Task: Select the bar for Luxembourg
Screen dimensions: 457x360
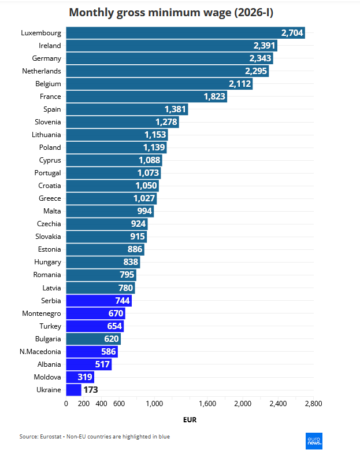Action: point(185,33)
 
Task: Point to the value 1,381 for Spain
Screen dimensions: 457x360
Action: point(175,109)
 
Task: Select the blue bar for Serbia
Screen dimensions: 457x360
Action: point(98,300)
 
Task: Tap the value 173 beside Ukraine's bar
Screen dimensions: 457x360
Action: point(91,389)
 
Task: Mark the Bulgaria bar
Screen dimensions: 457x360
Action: point(92,338)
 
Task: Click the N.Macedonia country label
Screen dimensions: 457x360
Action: point(40,351)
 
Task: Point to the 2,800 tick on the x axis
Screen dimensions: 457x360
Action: point(313,404)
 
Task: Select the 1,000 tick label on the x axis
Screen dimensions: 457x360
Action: point(154,404)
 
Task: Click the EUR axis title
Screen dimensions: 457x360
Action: point(190,420)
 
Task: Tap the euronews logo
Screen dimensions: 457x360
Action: point(314,441)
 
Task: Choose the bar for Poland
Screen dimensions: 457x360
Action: point(116,148)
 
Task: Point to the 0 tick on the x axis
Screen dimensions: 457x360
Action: point(66,404)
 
